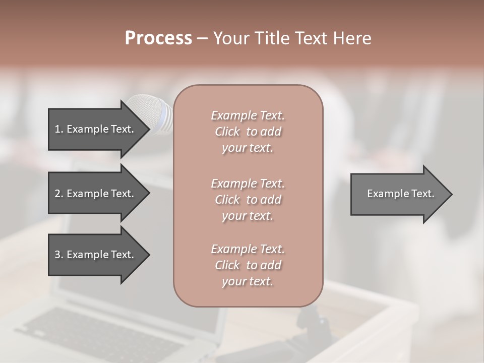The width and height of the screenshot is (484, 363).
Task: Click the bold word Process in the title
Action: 158,38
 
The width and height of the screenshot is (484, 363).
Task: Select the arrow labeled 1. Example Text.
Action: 96,129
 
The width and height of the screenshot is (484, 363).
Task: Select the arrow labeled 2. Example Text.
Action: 96,194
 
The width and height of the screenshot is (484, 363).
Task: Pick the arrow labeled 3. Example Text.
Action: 96,255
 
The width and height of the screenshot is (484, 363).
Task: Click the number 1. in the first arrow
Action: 59,129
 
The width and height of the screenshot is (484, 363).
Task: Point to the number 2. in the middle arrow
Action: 59,194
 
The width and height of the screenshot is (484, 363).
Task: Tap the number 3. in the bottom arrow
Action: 59,255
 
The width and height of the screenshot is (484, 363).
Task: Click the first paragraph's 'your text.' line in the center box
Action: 248,148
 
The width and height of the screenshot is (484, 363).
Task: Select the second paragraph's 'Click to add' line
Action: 248,200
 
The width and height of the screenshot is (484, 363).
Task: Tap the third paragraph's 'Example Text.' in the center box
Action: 248,249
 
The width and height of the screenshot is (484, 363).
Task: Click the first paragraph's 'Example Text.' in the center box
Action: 248,115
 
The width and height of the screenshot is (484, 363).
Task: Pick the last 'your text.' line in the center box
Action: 248,282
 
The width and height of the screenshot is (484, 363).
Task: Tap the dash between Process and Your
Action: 202,38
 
